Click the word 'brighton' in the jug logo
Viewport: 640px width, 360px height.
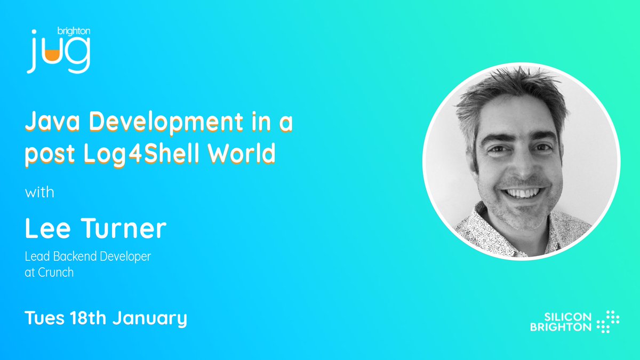pos(74,31)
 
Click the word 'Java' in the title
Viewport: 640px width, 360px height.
pos(53,122)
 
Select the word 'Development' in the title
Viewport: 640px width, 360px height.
pos(166,123)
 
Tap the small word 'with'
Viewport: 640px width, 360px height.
pos(39,192)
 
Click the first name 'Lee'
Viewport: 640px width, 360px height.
pos(47,228)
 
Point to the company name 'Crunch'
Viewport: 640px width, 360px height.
pos(55,273)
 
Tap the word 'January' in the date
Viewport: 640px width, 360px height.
pos(150,319)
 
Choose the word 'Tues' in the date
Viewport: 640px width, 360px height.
pos(45,318)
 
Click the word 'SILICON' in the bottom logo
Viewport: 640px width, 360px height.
pos(567,317)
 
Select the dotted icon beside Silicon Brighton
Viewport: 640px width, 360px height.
pos(608,322)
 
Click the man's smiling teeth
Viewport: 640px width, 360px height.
pos(523,193)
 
